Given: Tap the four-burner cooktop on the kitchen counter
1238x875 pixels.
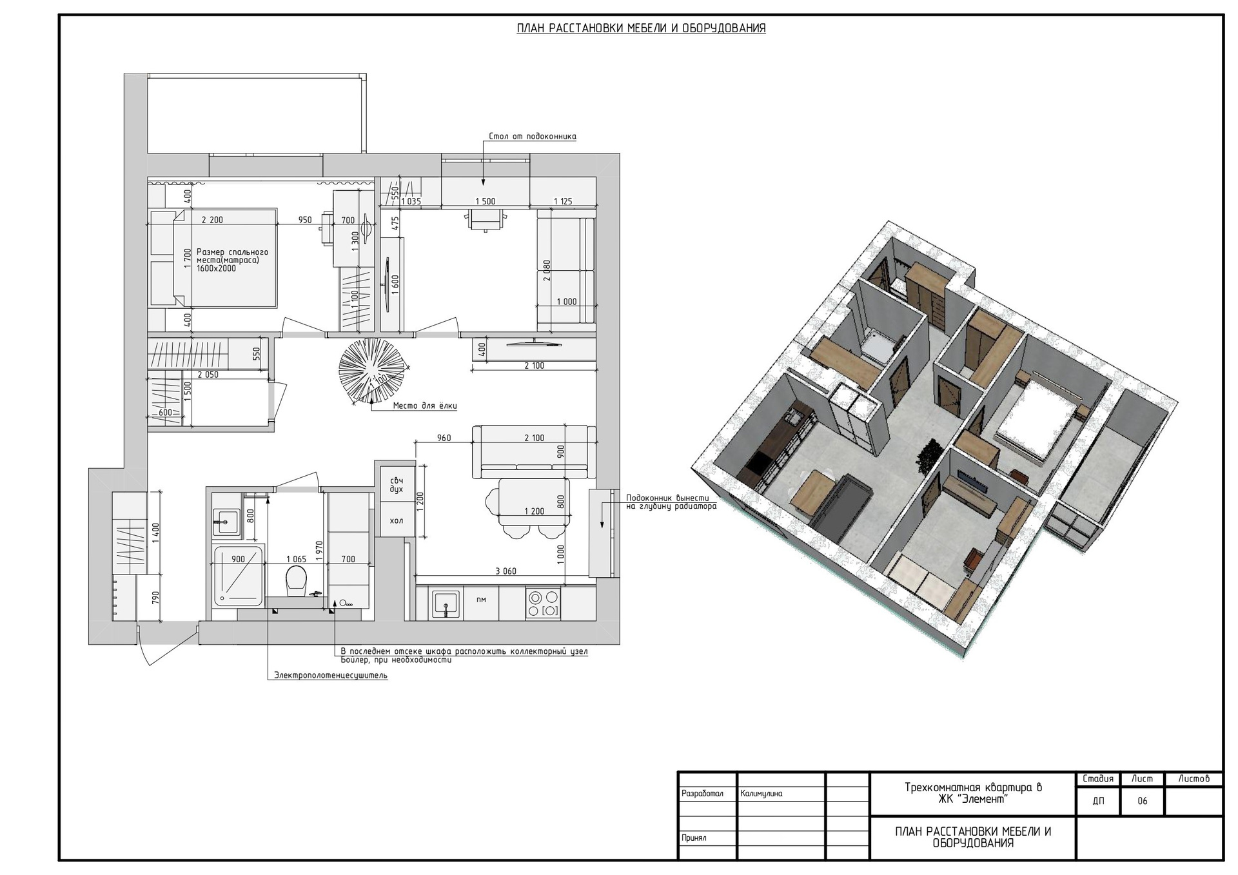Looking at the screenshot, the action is point(543,604).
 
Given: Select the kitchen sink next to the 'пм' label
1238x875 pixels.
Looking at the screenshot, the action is point(446,603).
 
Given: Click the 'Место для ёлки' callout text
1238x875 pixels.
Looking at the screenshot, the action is point(425,406).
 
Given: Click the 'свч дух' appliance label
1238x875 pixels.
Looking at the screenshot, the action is point(397,484).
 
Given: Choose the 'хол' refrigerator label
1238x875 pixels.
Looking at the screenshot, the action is point(397,520).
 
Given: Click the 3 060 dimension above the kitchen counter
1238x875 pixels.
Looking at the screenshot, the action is point(506,571).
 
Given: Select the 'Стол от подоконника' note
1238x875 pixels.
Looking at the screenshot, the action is point(533,136).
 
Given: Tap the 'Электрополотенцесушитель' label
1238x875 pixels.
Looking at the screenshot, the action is point(331,675).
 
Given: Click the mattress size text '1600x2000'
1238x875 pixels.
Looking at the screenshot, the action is point(216,268).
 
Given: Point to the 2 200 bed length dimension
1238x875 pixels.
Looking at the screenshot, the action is point(212,220).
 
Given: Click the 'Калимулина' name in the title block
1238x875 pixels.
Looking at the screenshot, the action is point(761,793).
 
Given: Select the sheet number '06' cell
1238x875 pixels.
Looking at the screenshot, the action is point(1143,801).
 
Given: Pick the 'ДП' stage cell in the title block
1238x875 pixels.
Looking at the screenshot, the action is point(1098,801).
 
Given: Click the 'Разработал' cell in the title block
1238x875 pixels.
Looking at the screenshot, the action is point(702,793).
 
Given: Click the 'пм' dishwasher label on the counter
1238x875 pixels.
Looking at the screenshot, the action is point(481,600).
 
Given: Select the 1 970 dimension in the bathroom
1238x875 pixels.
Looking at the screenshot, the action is point(319,549).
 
